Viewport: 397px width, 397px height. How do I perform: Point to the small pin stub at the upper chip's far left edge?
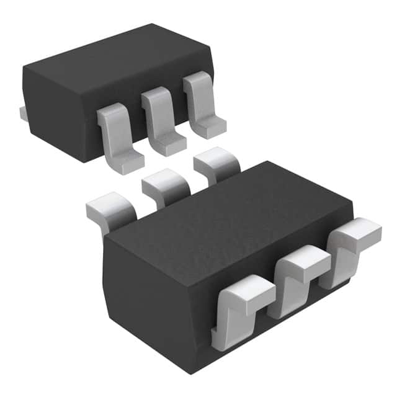tap(22, 113)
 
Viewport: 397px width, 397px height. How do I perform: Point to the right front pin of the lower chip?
tap(350, 245)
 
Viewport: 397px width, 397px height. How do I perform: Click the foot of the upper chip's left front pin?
tap(124, 163)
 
